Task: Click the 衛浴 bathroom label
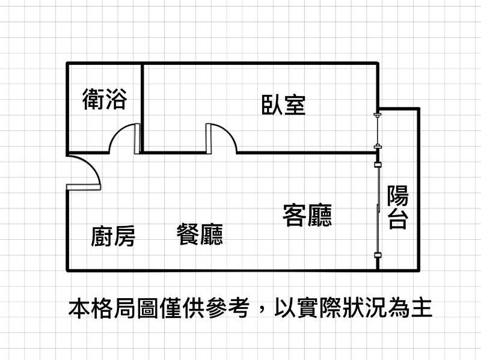105,99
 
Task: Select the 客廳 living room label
307,215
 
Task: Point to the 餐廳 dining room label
200,234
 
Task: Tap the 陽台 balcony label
398,207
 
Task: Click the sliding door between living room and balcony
378,210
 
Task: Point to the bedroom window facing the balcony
378,130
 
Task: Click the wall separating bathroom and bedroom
142,108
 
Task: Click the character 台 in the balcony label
398,219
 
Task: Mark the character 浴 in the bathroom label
116,99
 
